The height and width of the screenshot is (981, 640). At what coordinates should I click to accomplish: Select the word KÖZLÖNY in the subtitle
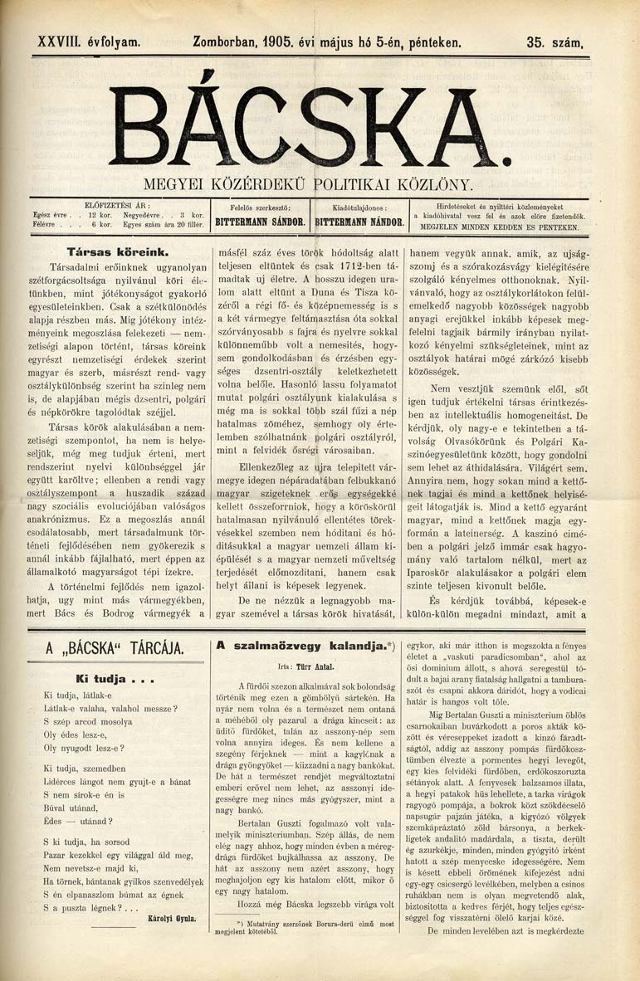[x=439, y=183]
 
